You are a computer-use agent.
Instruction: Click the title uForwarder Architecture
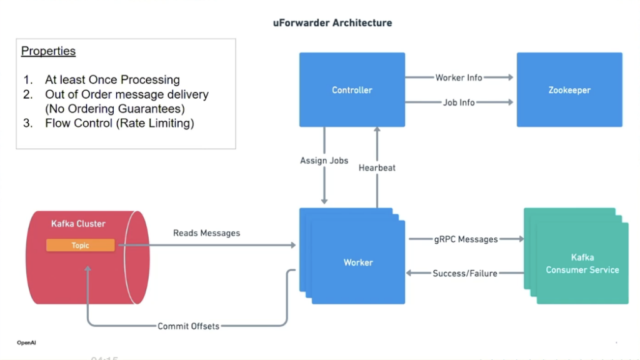point(332,22)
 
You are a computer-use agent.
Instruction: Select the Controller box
point(352,90)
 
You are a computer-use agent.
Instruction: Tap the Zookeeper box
point(569,90)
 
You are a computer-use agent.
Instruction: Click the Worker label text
point(358,262)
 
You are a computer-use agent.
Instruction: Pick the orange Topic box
point(80,246)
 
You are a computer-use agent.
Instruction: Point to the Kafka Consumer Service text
point(582,264)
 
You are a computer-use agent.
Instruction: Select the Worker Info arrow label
point(459,77)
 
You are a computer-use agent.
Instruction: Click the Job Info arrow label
point(459,102)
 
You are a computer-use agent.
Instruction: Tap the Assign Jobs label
point(324,161)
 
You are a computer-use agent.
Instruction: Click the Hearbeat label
point(377,167)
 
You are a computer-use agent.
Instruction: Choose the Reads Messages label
point(206,233)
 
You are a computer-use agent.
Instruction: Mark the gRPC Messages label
point(466,239)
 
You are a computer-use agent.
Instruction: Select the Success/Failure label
point(465,273)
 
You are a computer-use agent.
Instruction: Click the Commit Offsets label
point(188,326)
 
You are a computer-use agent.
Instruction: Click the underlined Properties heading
point(48,51)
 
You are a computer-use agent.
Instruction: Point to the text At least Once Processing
point(112,80)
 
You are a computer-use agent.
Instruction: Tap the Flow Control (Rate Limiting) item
point(119,123)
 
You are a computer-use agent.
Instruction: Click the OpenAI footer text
point(26,342)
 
